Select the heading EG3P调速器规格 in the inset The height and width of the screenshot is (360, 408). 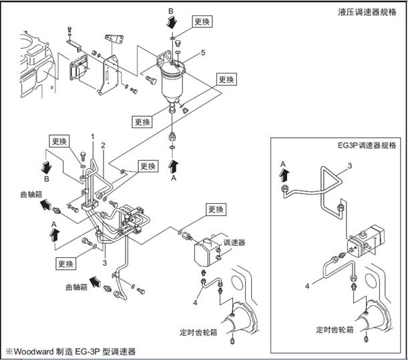[366, 145]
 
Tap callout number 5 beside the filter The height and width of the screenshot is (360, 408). [203, 51]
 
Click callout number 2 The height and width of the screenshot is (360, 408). [103, 145]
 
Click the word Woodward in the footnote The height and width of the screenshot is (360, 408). [34, 351]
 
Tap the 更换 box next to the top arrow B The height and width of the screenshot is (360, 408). [202, 22]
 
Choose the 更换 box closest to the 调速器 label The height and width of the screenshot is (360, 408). [215, 209]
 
